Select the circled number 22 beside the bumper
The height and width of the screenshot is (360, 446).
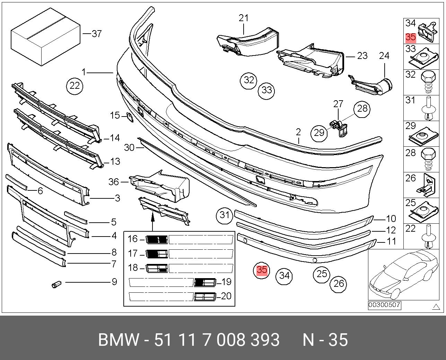click(75, 85)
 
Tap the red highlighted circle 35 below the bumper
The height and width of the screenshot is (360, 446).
click(262, 270)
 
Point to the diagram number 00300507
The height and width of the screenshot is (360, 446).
click(384, 305)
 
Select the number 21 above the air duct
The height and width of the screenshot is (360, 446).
click(244, 18)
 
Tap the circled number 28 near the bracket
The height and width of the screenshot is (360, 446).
click(362, 109)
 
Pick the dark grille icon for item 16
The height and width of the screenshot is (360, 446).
click(157, 239)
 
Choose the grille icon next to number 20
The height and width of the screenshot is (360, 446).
click(205, 297)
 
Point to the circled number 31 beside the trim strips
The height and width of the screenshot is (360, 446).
click(225, 215)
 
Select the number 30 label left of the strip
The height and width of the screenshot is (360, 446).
click(129, 147)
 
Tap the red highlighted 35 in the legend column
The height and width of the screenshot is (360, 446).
click(410, 37)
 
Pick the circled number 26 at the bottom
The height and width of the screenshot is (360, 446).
click(338, 284)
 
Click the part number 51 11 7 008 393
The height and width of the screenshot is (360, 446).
click(217, 340)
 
